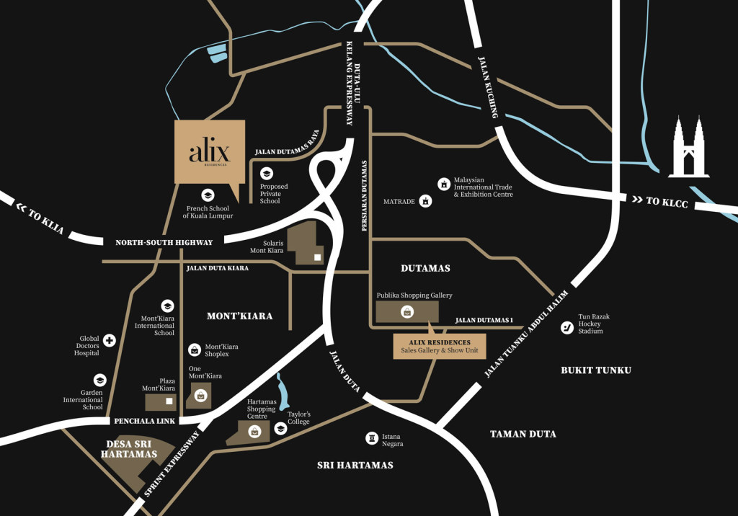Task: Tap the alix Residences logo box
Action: (210, 152)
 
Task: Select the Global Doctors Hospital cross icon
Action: (110, 340)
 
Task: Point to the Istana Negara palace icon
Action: (372, 437)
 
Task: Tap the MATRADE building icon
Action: (426, 201)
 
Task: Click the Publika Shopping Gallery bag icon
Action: (407, 311)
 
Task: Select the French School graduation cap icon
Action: (208, 195)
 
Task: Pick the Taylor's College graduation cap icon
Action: (280, 428)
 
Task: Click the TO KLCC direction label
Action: (659, 202)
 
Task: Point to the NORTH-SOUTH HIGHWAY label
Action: (164, 243)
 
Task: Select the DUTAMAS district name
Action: (425, 268)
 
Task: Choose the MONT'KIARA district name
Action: (239, 316)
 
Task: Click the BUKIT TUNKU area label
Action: (596, 370)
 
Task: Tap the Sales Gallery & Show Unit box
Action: (439, 347)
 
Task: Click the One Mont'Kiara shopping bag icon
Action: (200, 395)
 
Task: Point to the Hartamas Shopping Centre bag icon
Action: (254, 432)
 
